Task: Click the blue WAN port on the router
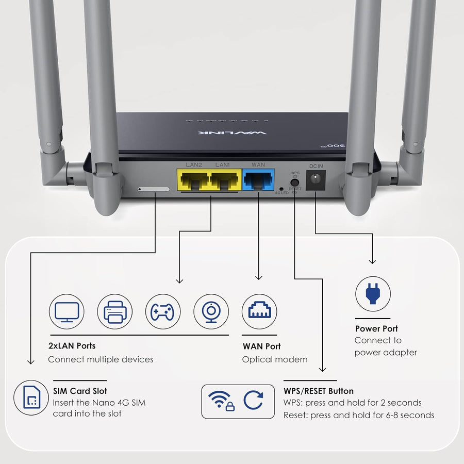tap(258, 181)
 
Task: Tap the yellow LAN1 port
tap(224, 181)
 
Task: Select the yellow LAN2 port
tap(193, 181)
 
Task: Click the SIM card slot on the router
tap(154, 189)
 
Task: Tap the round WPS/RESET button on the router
tap(295, 181)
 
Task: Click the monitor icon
tap(67, 311)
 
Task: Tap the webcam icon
tap(211, 311)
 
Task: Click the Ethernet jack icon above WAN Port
tap(259, 311)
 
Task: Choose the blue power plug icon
tap(373, 294)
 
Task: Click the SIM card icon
tap(31, 398)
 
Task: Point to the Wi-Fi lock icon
tap(221, 401)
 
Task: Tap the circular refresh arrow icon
tap(254, 401)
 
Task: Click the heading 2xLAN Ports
tap(72, 346)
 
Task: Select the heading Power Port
tap(376, 328)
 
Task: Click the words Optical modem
tap(275, 359)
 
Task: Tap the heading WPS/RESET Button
tap(319, 391)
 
